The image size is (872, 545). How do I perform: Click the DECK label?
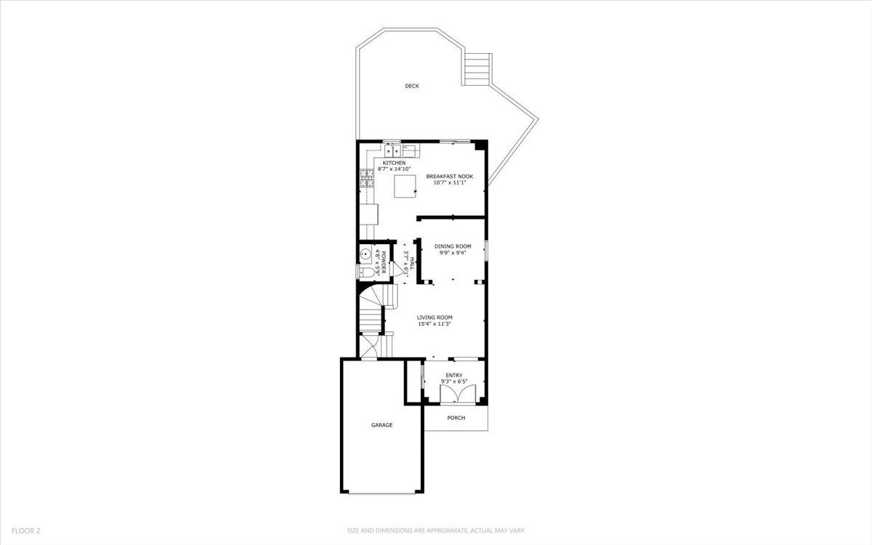[412, 86]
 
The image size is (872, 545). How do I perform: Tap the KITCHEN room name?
[394, 163]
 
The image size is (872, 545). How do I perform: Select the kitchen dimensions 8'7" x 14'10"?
[394, 169]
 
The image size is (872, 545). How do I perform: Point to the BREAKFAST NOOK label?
[450, 177]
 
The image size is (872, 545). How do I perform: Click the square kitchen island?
[405, 186]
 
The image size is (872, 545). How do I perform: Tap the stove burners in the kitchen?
[367, 178]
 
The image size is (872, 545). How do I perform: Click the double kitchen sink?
[392, 150]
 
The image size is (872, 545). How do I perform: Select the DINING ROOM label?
[453, 246]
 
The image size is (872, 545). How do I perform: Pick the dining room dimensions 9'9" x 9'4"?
[453, 253]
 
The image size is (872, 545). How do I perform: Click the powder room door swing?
[398, 269]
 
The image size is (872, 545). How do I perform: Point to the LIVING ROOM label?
[435, 318]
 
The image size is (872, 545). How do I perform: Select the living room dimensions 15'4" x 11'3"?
[435, 324]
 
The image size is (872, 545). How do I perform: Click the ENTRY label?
[454, 375]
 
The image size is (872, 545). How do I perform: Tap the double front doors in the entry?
[458, 393]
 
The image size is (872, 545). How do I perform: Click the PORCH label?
[456, 418]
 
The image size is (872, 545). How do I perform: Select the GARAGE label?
[381, 425]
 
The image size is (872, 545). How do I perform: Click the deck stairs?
[477, 69]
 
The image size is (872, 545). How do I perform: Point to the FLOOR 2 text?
[25, 530]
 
